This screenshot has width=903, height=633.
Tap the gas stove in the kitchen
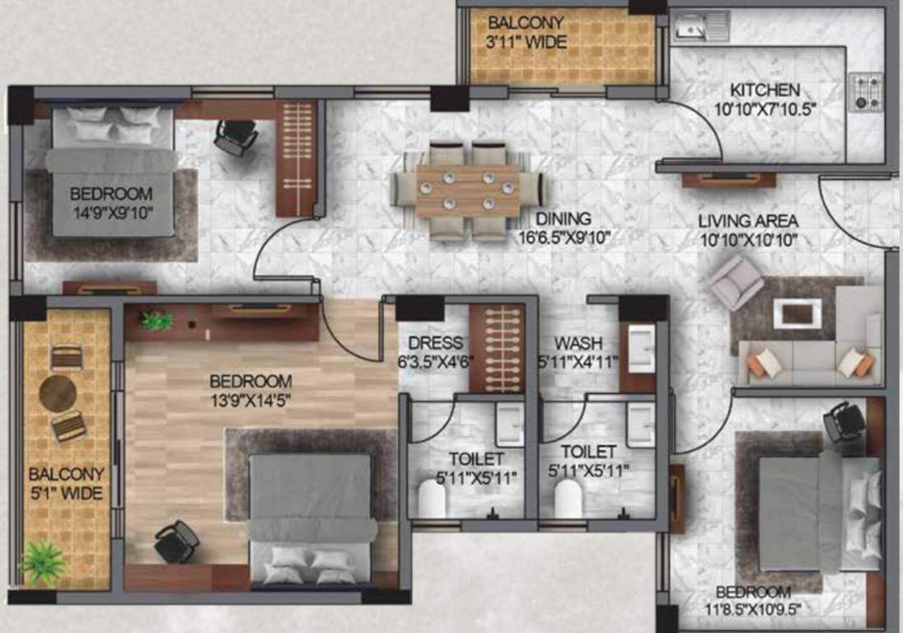point(866,92)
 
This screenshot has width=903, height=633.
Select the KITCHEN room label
point(765,90)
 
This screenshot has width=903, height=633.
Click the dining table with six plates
point(468,190)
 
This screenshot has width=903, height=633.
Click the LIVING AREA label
point(747,221)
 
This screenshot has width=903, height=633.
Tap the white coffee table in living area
point(797,312)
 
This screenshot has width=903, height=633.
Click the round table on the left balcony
point(58,393)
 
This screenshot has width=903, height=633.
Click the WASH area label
point(577,343)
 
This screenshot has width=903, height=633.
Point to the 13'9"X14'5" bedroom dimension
point(250,401)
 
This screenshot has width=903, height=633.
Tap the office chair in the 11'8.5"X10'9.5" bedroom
point(845,421)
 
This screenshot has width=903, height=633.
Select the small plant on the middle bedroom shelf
point(157,320)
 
